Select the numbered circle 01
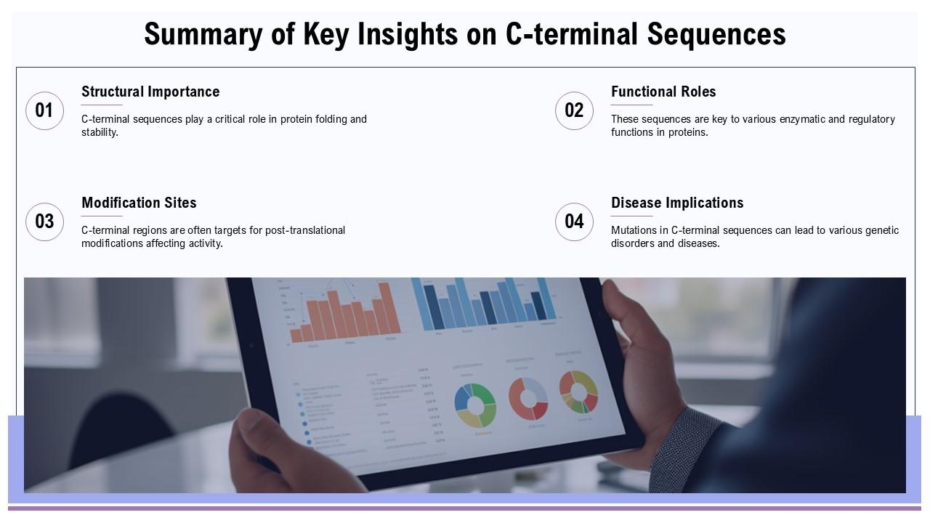(44, 110)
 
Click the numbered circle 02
(574, 110)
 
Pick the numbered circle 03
(44, 222)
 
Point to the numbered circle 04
(574, 222)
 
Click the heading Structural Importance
(150, 92)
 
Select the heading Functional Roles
(663, 92)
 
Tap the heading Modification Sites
(139, 203)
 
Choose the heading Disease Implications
(677, 203)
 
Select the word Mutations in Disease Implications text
(634, 230)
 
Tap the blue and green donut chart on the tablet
(475, 405)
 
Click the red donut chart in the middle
(528, 398)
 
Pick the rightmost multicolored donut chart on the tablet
(578, 392)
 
